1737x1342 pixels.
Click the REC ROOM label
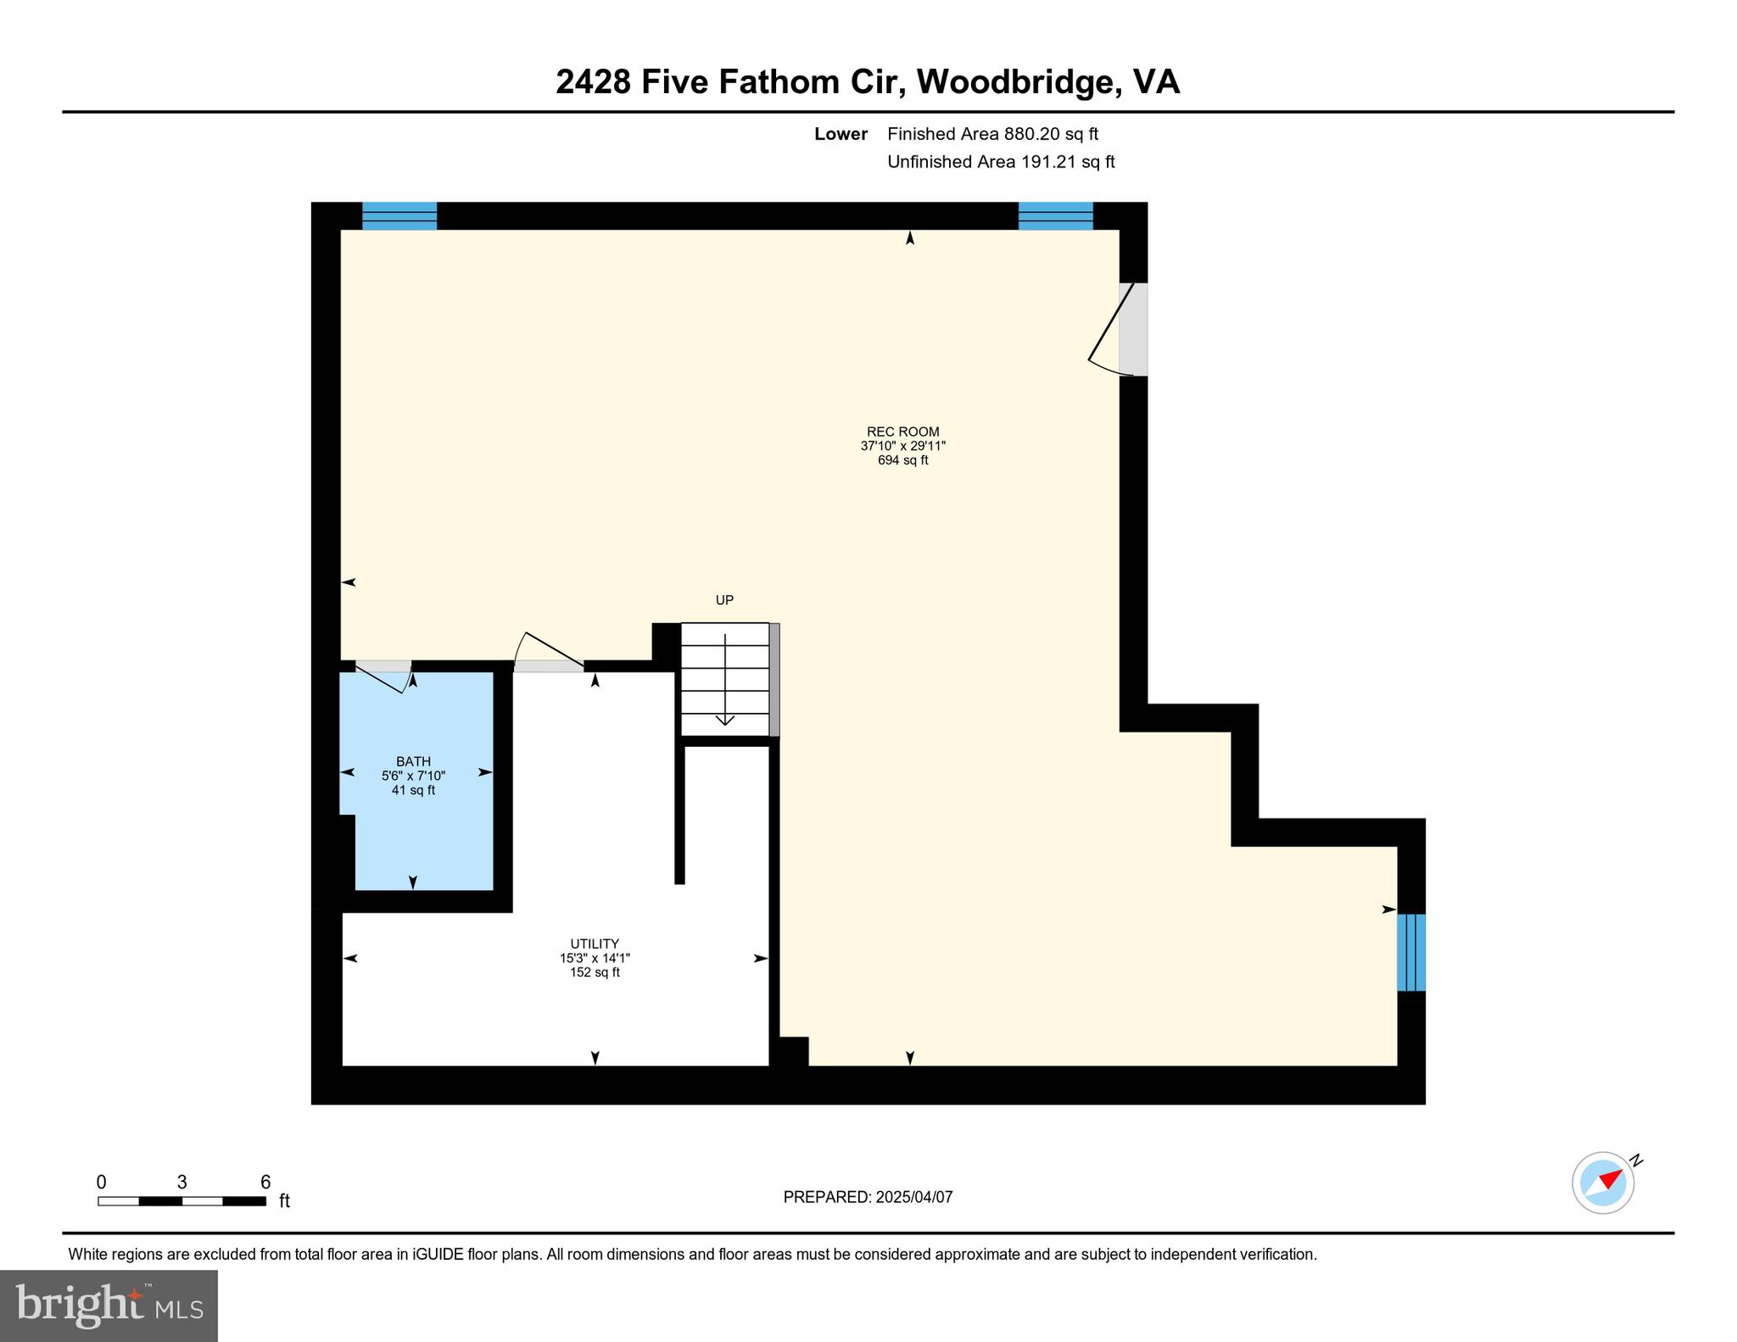click(902, 432)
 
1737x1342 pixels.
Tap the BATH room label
click(413, 761)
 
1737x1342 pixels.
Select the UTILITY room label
click(595, 944)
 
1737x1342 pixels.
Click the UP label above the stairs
click(724, 600)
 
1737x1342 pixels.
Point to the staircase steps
click(725, 680)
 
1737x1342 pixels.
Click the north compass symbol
click(1603, 1183)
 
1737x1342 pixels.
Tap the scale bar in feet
click(182, 1200)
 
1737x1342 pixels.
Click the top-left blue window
click(399, 216)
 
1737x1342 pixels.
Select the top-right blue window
click(1055, 216)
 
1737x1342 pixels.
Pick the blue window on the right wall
click(1411, 952)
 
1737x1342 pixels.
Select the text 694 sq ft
click(902, 460)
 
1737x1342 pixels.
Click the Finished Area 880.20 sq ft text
click(992, 134)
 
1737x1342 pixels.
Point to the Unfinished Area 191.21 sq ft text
click(1001, 162)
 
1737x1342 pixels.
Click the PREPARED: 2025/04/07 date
click(868, 1197)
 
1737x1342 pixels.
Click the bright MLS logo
click(109, 1306)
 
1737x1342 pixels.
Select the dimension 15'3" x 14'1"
click(595, 958)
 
